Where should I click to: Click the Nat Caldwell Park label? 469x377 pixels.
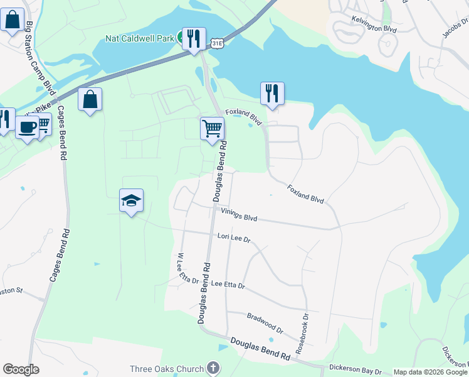pos(139,38)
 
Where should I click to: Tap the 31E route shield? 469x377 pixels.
pos(217,43)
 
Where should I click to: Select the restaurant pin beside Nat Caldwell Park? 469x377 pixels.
pos(194,38)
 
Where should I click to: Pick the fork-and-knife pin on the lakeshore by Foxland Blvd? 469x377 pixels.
pos(272,93)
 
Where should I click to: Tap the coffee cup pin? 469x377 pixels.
pos(27,127)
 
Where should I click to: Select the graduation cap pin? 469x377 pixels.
pos(131,200)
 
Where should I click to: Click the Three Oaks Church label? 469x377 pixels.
pos(167,369)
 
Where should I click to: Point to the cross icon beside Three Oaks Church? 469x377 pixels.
pos(213,368)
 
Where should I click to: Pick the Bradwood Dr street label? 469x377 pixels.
pos(265,324)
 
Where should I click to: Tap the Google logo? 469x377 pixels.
pos(21,369)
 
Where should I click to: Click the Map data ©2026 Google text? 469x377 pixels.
pos(429,372)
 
